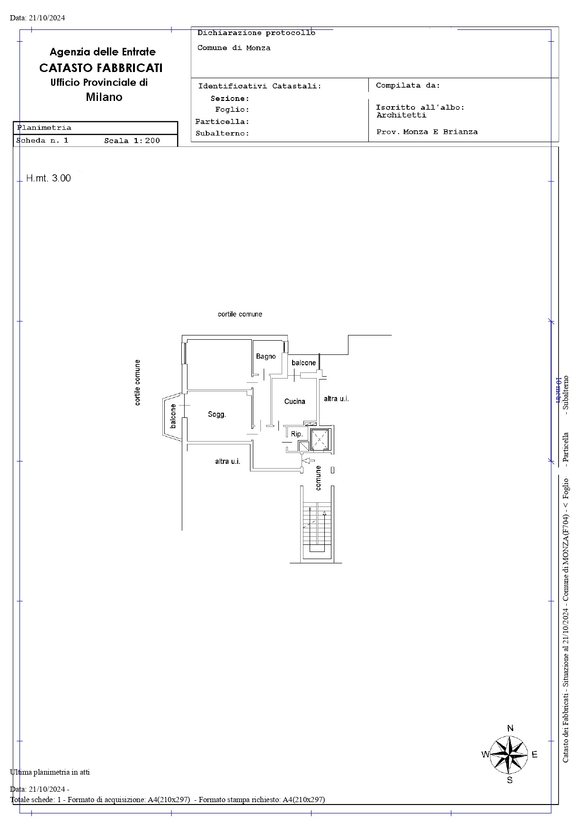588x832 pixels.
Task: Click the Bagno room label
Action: [x=266, y=356]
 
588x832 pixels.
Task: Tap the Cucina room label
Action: [x=294, y=401]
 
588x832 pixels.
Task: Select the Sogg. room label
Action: [x=217, y=415]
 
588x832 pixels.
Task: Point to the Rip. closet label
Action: [x=297, y=434]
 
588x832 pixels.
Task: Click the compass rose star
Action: [x=508, y=754]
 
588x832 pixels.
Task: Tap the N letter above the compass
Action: [x=510, y=729]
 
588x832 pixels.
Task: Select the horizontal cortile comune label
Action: [x=240, y=314]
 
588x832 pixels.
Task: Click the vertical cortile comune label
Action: [x=137, y=383]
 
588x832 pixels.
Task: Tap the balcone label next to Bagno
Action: [x=303, y=363]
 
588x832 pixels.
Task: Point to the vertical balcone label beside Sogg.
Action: [x=173, y=416]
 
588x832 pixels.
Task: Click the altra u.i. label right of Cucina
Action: [x=336, y=399]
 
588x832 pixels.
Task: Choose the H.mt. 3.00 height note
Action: [x=48, y=178]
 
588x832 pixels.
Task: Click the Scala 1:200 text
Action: [x=132, y=141]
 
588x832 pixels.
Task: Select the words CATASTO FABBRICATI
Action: [x=101, y=68]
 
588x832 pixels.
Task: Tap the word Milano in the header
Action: [x=104, y=97]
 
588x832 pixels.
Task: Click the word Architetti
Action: [x=401, y=115]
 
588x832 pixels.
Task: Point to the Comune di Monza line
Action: [x=234, y=48]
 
